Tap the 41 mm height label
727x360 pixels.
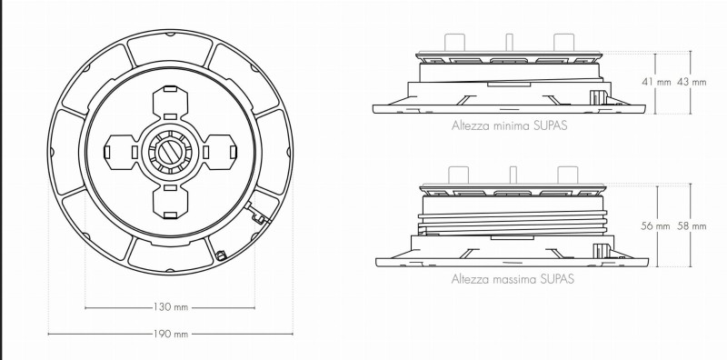coord(656,82)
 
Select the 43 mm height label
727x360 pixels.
coord(692,82)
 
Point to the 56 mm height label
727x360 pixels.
coord(655,226)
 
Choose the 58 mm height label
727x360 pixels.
coord(692,226)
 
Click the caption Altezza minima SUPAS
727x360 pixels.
coord(509,125)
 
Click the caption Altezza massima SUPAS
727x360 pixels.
coord(513,279)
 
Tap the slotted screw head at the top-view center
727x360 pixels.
coord(170,152)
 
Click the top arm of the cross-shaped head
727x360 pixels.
coord(170,103)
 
